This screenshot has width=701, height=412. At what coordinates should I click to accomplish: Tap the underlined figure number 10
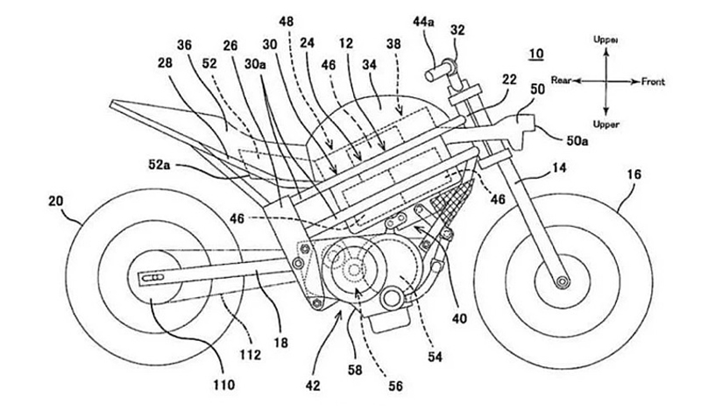pos(535,53)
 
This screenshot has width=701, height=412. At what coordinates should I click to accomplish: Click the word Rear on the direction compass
pos(561,81)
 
